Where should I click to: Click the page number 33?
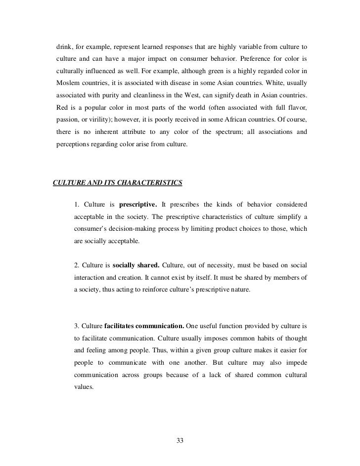click(x=180, y=440)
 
